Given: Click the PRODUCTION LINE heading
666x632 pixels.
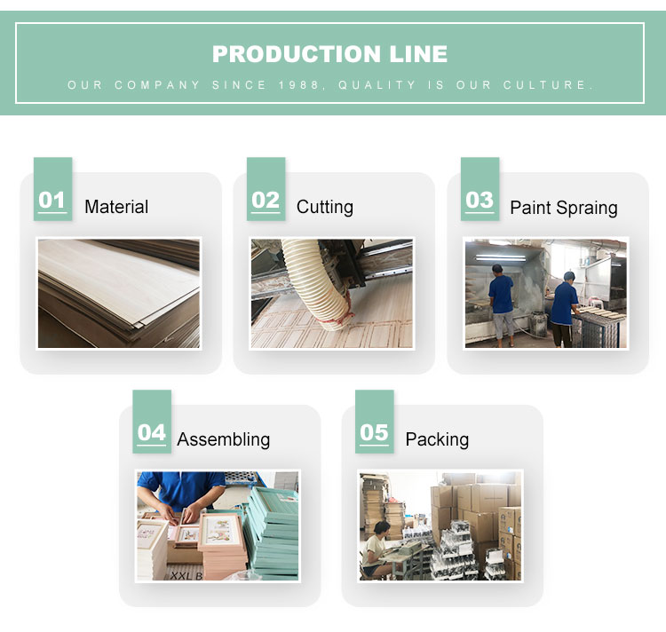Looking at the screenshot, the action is point(329,54).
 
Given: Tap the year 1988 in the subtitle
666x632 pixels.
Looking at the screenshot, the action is point(298,85).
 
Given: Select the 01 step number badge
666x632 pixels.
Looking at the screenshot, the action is point(52,189).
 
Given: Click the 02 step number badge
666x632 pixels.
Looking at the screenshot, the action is point(266,189).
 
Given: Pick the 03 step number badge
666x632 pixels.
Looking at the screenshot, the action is point(480,189).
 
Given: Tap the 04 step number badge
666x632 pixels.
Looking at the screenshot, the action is point(152,422).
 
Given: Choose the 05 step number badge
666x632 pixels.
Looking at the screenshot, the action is point(374,422).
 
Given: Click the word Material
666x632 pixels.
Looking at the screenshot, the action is point(116,207).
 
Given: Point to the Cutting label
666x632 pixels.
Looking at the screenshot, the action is point(325,208).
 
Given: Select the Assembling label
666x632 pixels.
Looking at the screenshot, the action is point(224,440).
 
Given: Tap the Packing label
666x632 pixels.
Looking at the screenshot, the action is point(437,440).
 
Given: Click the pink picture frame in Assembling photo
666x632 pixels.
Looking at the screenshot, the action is point(221,533).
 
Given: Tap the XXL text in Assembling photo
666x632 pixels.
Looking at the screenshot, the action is point(181,575).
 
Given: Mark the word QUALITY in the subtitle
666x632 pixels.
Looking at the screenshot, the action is point(377,85).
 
